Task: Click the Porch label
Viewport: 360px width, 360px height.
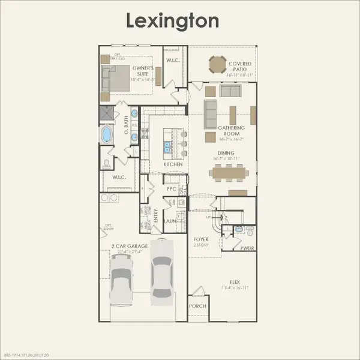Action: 197,306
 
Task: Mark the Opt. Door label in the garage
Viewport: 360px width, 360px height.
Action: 108,227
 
